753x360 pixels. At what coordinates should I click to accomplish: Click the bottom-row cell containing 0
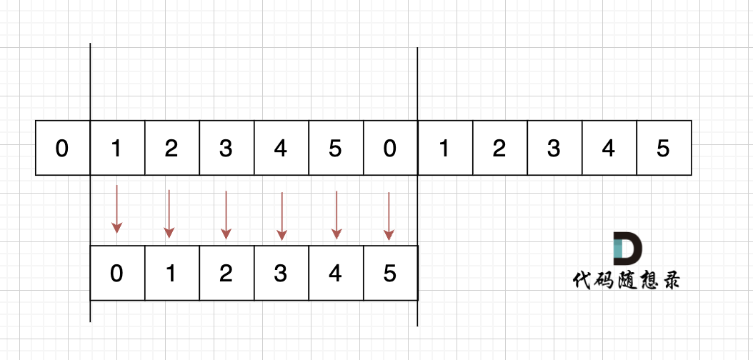tap(117, 274)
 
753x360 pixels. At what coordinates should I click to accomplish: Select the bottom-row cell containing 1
tap(171, 274)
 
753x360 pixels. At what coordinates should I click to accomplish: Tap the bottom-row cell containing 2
tap(226, 274)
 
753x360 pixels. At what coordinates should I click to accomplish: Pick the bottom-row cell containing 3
tap(281, 274)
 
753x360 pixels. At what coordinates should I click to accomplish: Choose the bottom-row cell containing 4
tap(335, 274)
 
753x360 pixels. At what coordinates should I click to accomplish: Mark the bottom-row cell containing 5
tap(389, 274)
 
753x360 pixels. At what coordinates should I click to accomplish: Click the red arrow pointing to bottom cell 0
tap(116, 209)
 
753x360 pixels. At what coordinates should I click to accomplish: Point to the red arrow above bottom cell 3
tap(281, 215)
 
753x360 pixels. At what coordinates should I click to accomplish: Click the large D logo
tap(627, 249)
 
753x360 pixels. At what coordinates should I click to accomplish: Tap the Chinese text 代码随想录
tap(626, 279)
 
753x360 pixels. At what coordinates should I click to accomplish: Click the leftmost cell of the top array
tap(63, 148)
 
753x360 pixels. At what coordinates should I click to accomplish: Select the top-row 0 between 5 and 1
tap(389, 148)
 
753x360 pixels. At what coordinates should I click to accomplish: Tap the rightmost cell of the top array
tap(664, 148)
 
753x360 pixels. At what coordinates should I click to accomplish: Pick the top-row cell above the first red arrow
tap(117, 148)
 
